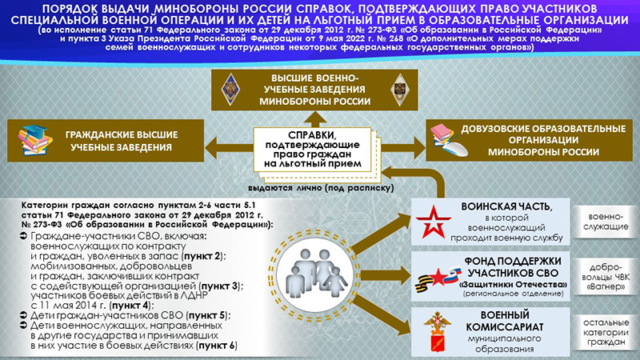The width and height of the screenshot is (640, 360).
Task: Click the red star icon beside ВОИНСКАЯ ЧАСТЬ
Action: coord(434,222)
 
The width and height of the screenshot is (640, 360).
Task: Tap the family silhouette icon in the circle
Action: coord(316,272)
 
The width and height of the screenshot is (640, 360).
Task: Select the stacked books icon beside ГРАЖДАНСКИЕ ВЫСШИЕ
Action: coord(35,141)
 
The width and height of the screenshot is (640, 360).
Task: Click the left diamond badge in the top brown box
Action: coord(230,90)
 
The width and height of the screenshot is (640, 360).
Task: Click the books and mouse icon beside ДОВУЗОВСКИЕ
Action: coord(449,141)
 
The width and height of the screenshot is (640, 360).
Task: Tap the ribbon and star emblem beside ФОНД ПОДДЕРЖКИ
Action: coord(438,278)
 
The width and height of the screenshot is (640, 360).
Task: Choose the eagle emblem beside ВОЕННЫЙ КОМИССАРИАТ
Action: coord(438,331)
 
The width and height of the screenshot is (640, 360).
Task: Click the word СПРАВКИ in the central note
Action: coord(313,135)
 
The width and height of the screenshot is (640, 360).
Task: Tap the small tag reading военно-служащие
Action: coord(606,222)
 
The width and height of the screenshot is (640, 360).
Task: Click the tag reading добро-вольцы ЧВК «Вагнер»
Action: coord(606,277)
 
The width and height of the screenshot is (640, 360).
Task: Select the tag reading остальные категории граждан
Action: coord(606,332)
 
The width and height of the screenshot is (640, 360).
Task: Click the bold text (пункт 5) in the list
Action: coord(208,315)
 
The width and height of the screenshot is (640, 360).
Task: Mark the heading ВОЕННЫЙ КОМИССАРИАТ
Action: coord(505,321)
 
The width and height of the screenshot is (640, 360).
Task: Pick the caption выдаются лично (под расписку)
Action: coord(322,188)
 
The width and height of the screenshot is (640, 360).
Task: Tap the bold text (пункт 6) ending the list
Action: coord(216,346)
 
